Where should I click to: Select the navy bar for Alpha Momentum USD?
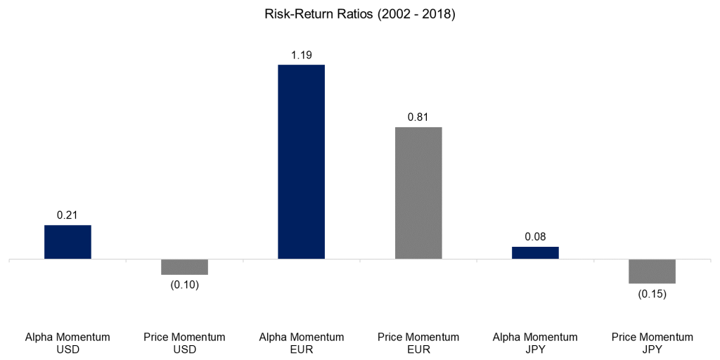click(67, 242)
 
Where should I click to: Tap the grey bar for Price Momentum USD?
click(184, 266)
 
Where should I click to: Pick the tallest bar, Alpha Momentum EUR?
click(301, 162)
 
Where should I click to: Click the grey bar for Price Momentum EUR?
click(418, 193)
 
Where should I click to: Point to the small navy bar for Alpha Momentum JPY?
click(535, 252)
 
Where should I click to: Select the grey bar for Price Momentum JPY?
click(652, 271)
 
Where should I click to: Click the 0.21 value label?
click(67, 215)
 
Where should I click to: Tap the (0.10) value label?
click(184, 285)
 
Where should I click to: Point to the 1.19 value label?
click(301, 54)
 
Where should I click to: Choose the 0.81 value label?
click(418, 117)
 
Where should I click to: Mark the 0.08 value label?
click(535, 237)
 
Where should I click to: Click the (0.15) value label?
click(652, 294)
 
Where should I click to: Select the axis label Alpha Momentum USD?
click(67, 343)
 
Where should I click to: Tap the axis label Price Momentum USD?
click(184, 343)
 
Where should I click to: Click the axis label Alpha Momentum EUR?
click(301, 343)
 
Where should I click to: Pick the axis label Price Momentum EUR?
click(418, 343)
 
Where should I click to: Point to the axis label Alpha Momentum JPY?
click(535, 343)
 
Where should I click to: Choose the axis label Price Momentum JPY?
click(652, 343)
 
